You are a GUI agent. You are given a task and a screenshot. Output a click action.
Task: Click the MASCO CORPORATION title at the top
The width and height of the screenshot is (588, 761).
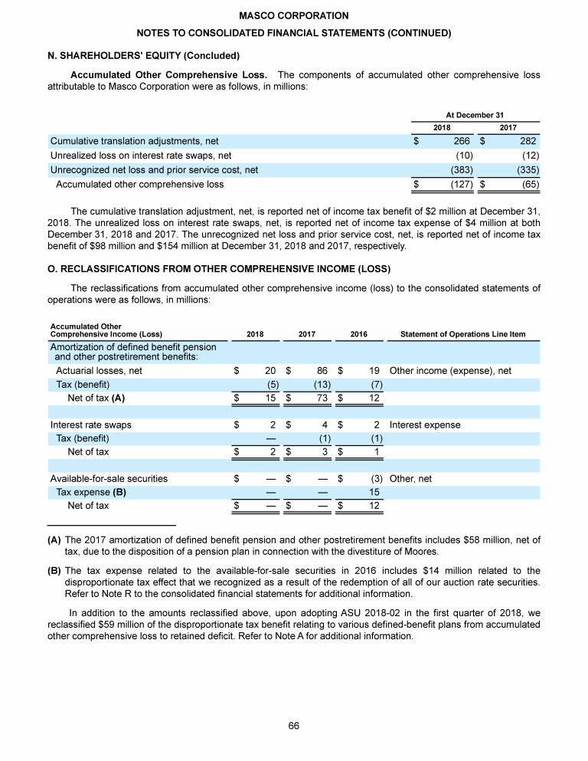click(293, 15)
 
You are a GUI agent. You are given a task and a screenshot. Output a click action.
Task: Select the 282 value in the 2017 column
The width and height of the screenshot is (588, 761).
click(528, 141)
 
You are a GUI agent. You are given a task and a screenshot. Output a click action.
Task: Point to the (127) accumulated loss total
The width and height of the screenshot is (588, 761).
click(459, 184)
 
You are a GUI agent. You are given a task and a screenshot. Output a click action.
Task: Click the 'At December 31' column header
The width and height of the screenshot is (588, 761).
click(475, 114)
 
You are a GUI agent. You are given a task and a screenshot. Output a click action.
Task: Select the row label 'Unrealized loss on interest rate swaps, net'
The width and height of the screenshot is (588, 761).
click(141, 156)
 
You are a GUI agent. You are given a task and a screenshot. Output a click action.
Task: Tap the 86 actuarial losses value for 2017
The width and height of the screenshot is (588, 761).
click(322, 370)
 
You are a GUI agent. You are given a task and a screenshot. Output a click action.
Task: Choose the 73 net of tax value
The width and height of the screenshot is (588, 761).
click(322, 398)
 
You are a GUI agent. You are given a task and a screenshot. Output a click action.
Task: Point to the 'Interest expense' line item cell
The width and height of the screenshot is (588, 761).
click(425, 425)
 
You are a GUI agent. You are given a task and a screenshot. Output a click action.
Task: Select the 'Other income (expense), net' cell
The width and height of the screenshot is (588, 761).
click(450, 370)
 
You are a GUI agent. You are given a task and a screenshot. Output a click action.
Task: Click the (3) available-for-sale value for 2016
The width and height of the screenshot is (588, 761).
click(374, 478)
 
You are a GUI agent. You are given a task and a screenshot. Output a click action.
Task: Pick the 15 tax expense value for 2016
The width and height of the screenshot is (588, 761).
click(374, 492)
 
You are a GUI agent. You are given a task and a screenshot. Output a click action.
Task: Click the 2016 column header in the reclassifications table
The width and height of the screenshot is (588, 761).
click(358, 334)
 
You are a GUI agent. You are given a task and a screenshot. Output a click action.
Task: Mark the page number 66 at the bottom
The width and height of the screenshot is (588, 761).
click(294, 726)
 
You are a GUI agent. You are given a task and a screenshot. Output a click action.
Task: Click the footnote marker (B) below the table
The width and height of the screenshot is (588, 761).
click(54, 570)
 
